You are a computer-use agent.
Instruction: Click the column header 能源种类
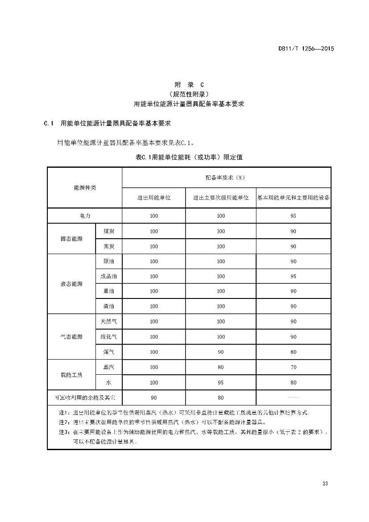(x=85, y=188)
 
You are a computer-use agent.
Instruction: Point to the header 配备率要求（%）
(x=226, y=178)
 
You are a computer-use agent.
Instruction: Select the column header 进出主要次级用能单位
(x=221, y=198)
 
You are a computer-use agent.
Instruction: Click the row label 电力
(x=85, y=215)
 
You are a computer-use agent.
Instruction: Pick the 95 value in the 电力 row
(x=293, y=215)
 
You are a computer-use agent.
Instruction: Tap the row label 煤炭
(x=109, y=231)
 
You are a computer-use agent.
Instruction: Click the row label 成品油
(x=109, y=276)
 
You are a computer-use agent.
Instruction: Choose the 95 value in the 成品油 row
(x=293, y=276)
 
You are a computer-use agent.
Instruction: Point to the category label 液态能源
(x=71, y=284)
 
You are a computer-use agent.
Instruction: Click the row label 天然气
(x=109, y=321)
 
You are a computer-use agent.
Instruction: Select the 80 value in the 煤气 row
(x=293, y=352)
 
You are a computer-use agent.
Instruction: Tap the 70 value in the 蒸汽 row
(x=293, y=367)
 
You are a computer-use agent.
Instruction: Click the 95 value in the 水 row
(x=221, y=382)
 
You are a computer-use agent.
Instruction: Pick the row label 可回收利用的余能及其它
(x=85, y=398)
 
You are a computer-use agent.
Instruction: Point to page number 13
(x=325, y=484)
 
